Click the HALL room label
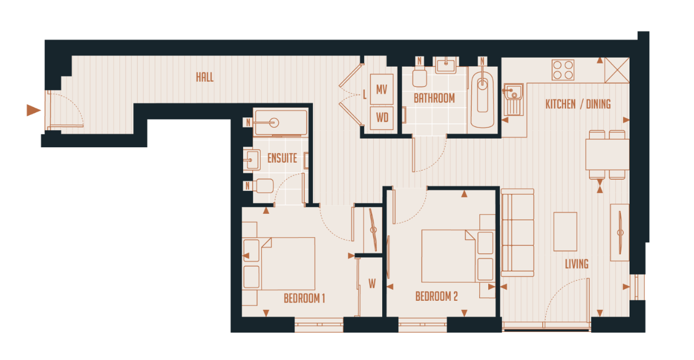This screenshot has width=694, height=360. click(x=205, y=77)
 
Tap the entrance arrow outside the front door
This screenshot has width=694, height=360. click(x=34, y=110)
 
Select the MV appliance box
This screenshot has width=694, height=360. click(x=382, y=90)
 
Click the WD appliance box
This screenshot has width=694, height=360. click(x=382, y=117)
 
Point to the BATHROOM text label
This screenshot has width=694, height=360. click(x=434, y=99)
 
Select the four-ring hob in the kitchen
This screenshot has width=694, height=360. click(x=563, y=70)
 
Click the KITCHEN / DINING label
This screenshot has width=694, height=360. click(x=578, y=104)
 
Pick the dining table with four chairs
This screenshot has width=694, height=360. click(x=607, y=154)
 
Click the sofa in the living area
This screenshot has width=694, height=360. click(x=517, y=233)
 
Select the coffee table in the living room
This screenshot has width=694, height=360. click(x=565, y=231)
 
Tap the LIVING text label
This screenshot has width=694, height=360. click(x=577, y=264)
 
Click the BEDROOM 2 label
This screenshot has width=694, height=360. click(x=437, y=297)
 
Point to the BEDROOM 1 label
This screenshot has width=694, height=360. click(x=304, y=298)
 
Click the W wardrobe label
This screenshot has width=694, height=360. click(x=372, y=284)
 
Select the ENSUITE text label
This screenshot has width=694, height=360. click(x=282, y=159)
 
